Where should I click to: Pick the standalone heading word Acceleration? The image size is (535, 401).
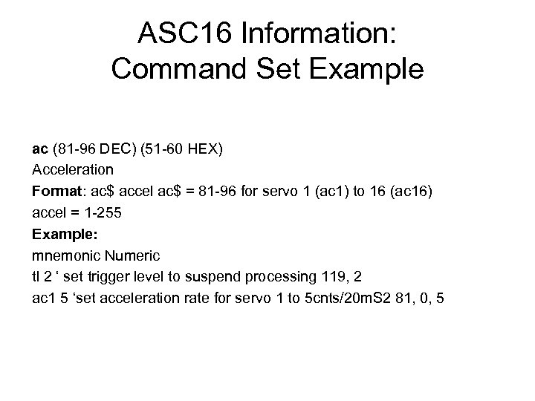73,169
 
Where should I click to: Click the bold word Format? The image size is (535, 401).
55,191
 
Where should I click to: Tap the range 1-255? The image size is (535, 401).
97,212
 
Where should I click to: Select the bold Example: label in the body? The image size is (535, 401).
62,234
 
